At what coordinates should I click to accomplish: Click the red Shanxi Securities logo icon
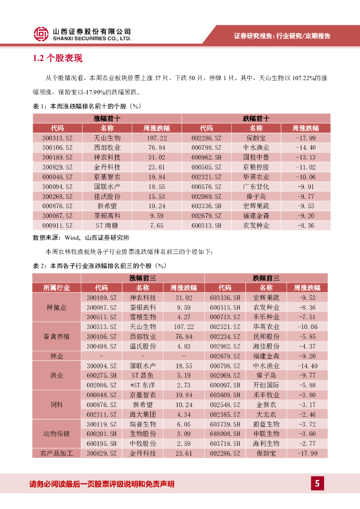click(41, 34)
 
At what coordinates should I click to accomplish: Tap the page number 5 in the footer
click(317, 483)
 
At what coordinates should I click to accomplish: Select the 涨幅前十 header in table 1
click(107, 118)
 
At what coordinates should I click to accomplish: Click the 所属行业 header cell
click(57, 288)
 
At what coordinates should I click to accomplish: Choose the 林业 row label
click(57, 356)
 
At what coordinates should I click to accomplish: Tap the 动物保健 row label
click(57, 434)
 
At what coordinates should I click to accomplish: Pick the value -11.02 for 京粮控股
click(306, 167)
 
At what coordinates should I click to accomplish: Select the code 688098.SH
click(225, 434)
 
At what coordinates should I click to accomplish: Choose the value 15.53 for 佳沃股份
click(157, 196)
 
